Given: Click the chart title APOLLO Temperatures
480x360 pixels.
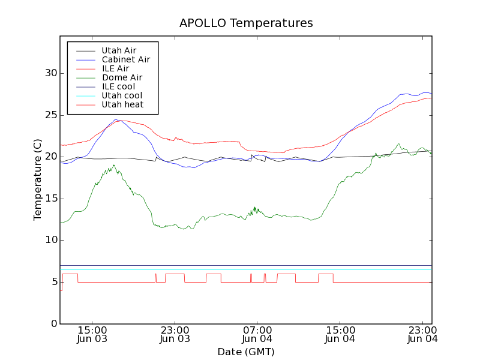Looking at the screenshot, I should pyautogui.click(x=246, y=23).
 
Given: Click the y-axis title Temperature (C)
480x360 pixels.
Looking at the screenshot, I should pyautogui.click(x=38, y=179).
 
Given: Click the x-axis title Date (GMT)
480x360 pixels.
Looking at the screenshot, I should pyautogui.click(x=246, y=352).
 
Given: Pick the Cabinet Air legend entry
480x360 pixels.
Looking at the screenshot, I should pyautogui.click(x=125, y=59).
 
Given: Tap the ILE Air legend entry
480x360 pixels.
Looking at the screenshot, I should pyautogui.click(x=115, y=68).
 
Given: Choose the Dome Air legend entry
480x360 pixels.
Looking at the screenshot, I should pyautogui.click(x=122, y=77).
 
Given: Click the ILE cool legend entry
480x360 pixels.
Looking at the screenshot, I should pyautogui.click(x=118, y=86).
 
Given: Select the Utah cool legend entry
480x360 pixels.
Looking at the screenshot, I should pyautogui.click(x=122, y=95).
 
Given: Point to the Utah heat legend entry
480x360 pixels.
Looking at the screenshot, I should pyautogui.click(x=122, y=104).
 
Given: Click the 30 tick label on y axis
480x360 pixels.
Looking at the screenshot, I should pyautogui.click(x=50, y=73).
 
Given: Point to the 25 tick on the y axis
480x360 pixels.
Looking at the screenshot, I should pyautogui.click(x=50, y=115).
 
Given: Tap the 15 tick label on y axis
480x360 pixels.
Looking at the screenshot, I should pyautogui.click(x=50, y=199).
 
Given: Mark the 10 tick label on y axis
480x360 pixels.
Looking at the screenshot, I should pyautogui.click(x=50, y=240).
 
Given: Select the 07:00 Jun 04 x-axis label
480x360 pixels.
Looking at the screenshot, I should pyautogui.click(x=257, y=334).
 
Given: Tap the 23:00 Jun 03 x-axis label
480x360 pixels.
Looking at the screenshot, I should pyautogui.click(x=175, y=334).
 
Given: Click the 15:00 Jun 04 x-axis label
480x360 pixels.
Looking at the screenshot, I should pyautogui.click(x=340, y=334).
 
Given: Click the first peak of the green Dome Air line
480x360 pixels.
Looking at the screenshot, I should pyautogui.click(x=113, y=165).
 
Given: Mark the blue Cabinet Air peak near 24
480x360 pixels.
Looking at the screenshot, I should pyautogui.click(x=118, y=120).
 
